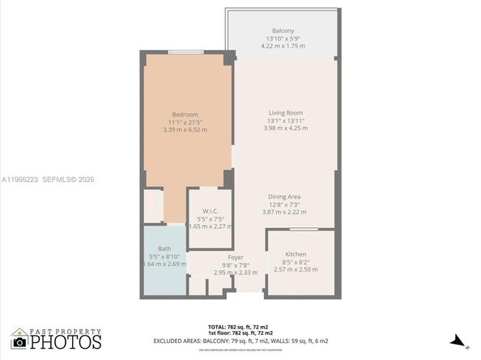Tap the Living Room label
pos(285,112)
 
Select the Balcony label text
pos(283,30)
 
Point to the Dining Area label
pos(285,197)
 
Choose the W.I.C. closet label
pos(211,210)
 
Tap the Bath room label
pos(164,248)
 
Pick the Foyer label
pos(235,257)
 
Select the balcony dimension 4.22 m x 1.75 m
pos(283,45)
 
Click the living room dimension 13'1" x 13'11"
pos(285,121)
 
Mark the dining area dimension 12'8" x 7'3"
pos(285,205)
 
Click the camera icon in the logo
pos(19,341)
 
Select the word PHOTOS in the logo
pos(66,342)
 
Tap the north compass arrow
pos(457,340)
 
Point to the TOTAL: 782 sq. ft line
pos(240,326)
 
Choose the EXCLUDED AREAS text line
pos(240,340)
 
